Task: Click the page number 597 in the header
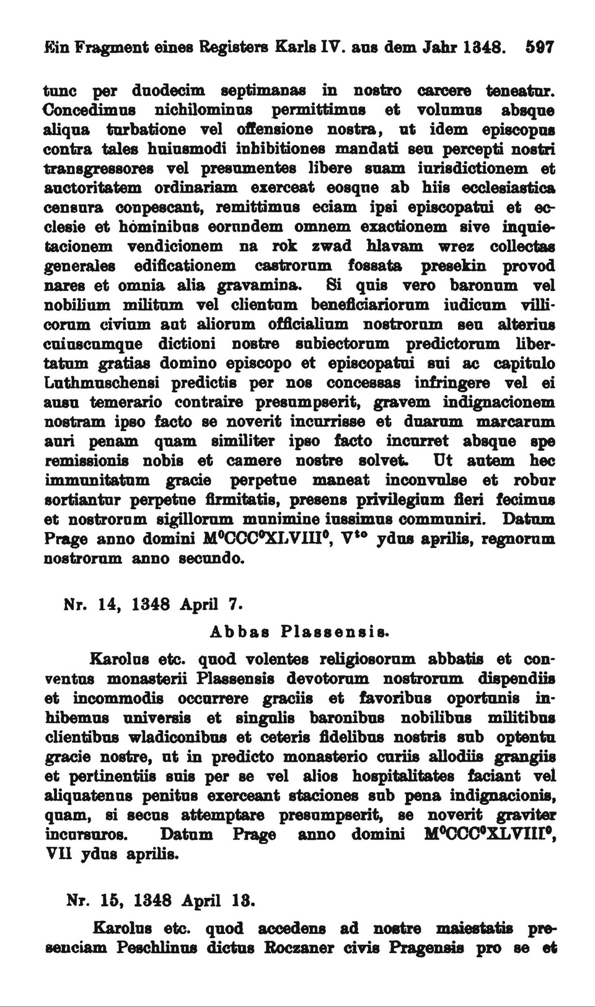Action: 538,47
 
